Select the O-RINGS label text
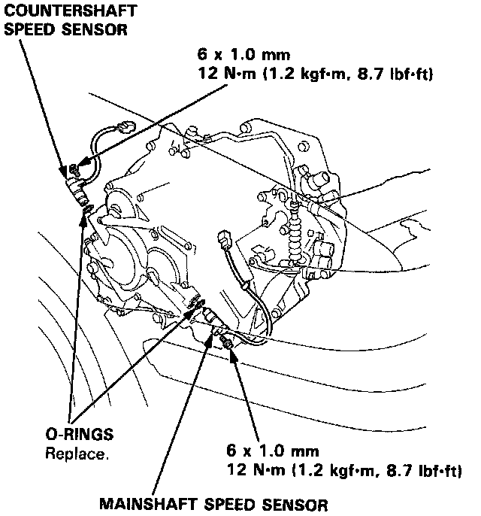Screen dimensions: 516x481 79,434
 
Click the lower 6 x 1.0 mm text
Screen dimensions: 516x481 273,451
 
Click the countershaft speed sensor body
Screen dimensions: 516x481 74,184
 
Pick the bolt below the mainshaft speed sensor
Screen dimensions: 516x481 225,344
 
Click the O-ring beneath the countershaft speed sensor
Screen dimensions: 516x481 88,206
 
